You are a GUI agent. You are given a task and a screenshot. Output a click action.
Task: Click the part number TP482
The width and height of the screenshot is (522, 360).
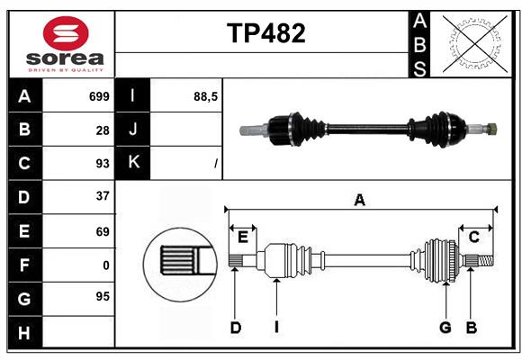[265, 33]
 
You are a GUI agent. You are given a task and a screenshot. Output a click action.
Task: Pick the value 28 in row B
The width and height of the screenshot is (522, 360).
[102, 130]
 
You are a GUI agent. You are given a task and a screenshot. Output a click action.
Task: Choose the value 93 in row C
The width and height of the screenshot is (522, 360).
[102, 163]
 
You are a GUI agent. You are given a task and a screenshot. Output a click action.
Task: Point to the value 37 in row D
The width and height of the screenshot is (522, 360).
[102, 196]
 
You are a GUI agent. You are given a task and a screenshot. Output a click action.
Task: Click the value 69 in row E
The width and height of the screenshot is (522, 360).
[102, 231]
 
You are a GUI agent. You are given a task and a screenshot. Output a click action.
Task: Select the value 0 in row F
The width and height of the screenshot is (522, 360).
[105, 265]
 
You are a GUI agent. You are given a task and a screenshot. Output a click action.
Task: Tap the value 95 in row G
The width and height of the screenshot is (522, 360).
[102, 296]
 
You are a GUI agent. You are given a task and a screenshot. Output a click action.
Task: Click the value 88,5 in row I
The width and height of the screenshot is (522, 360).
[206, 96]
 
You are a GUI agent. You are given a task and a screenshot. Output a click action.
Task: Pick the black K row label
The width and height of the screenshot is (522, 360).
[133, 163]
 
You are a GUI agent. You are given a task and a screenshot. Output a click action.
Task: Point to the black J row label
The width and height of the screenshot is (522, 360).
[133, 130]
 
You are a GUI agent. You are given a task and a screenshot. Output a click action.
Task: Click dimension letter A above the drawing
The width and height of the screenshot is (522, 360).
[360, 200]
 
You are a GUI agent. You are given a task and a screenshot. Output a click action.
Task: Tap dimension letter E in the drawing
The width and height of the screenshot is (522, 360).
[243, 236]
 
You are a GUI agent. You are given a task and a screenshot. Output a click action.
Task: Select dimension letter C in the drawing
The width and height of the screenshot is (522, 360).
[473, 236]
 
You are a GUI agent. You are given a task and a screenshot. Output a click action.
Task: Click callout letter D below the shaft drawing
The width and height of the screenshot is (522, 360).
[235, 328]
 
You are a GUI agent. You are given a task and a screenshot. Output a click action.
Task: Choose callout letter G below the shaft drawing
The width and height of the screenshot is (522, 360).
[445, 328]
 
